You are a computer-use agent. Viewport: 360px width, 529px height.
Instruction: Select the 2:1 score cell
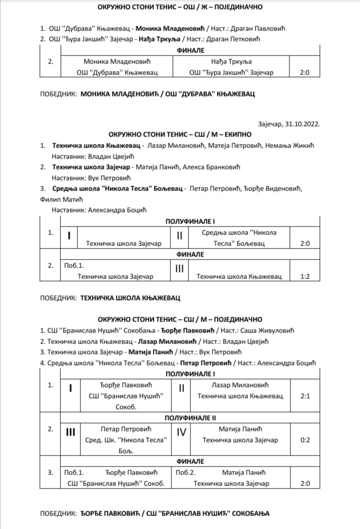pyautogui.click(x=305, y=395)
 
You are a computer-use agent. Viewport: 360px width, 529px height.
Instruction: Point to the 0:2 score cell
pyautogui.click(x=305, y=439)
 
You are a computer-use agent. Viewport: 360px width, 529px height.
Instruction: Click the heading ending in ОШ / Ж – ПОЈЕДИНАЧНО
pyautogui.click(x=179, y=7)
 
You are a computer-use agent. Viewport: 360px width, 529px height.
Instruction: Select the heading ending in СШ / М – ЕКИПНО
pyautogui.click(x=179, y=134)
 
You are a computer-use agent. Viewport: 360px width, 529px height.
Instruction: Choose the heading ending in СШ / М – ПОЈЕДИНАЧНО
pyautogui.click(x=179, y=319)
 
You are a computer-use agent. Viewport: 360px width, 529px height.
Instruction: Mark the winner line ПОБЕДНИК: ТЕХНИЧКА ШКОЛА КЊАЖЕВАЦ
pyautogui.click(x=110, y=297)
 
